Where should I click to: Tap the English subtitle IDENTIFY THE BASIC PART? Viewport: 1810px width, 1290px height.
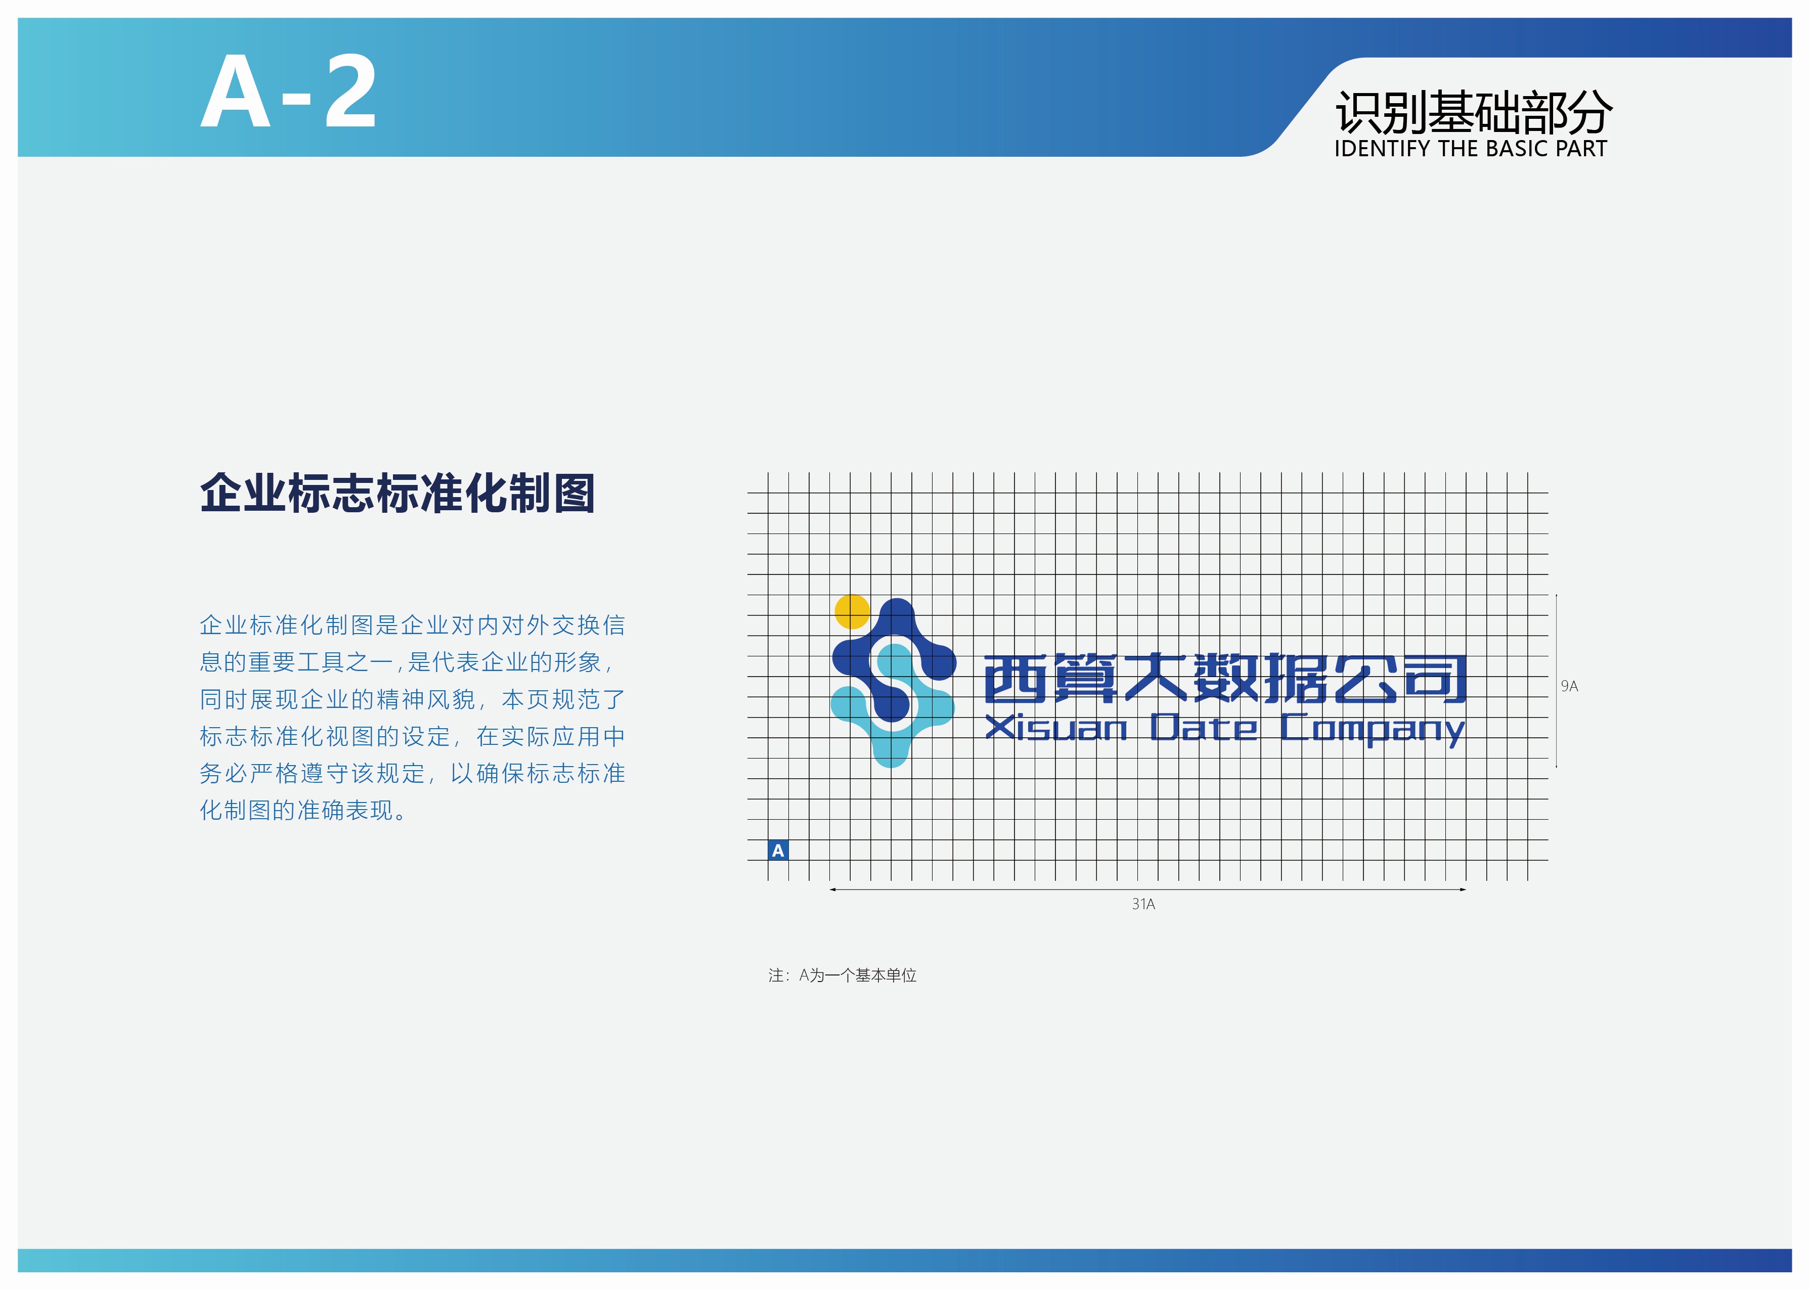(1470, 149)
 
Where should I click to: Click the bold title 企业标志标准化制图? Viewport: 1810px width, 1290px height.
(397, 493)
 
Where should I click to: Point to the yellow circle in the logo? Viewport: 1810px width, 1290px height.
(852, 612)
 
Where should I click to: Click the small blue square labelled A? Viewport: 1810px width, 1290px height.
(778, 850)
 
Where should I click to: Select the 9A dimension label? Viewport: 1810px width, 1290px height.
(1569, 686)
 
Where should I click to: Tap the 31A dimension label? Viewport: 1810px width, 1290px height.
(1143, 904)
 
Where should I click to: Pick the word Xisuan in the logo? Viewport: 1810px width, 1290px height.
(1056, 728)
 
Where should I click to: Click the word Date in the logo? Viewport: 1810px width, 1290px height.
(1204, 728)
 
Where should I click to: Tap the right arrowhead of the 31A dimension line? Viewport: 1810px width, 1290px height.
(1463, 889)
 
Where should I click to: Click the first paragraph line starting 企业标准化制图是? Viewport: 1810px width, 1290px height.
(412, 625)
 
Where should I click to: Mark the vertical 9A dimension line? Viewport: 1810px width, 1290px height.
(1556, 681)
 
